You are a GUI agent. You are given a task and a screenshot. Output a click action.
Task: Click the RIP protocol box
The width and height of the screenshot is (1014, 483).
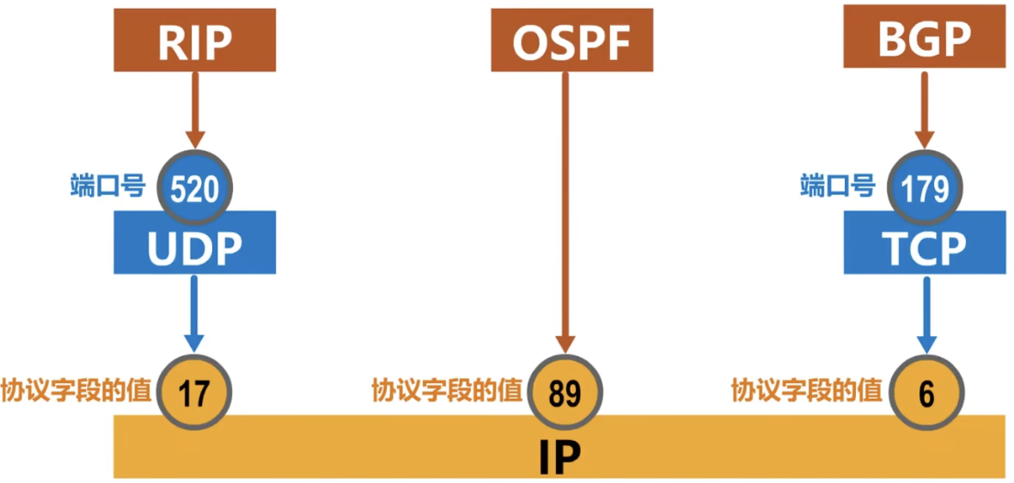(195, 40)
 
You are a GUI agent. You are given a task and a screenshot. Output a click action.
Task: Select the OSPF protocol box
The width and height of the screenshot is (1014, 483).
(565, 40)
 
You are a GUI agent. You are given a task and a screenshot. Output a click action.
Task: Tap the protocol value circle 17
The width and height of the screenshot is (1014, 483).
(195, 394)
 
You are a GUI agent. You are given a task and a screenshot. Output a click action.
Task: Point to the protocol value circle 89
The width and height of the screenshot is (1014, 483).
(565, 394)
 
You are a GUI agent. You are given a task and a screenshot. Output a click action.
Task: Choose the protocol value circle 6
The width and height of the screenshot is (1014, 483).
(925, 394)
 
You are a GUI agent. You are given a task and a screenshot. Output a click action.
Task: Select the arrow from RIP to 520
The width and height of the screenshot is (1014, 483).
(195, 107)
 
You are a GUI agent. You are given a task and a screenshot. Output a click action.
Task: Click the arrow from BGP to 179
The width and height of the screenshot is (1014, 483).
(924, 107)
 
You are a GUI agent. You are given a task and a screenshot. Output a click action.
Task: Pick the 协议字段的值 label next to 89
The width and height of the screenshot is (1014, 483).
(446, 391)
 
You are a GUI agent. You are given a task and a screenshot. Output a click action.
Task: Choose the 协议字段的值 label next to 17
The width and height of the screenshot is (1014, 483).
(76, 391)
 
